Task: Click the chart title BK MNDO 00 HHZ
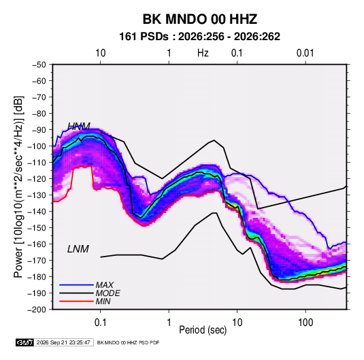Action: click(200, 19)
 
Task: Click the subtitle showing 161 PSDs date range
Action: click(199, 37)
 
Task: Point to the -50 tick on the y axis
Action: click(39, 65)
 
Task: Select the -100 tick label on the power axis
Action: click(37, 146)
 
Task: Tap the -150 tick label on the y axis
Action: click(37, 228)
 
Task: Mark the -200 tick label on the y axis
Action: click(37, 310)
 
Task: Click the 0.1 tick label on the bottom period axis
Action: click(100, 323)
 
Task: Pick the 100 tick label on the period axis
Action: click(305, 323)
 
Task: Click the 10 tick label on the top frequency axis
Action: click(101, 53)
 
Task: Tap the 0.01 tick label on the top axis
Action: click(305, 53)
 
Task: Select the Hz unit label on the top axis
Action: click(203, 53)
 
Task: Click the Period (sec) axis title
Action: click(203, 330)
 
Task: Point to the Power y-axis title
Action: click(18, 186)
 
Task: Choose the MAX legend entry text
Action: click(105, 285)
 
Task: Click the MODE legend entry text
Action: click(107, 293)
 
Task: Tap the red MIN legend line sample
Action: click(76, 301)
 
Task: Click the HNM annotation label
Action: click(79, 126)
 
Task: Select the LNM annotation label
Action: click(78, 249)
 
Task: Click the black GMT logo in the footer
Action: click(24, 342)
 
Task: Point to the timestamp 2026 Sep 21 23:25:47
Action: click(63, 342)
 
